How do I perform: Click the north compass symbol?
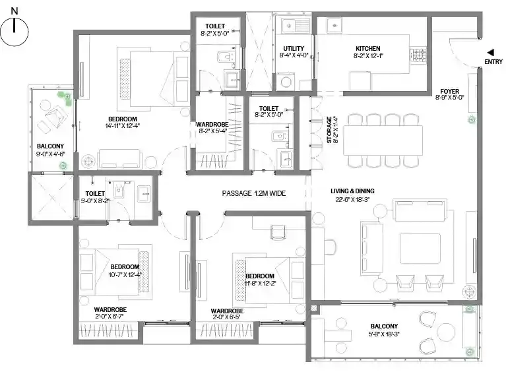(15, 30)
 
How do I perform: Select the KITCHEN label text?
(368, 48)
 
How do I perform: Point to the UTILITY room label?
(294, 48)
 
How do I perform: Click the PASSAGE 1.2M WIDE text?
(253, 194)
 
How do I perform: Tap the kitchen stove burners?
(419, 53)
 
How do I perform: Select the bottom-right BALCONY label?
(384, 326)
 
